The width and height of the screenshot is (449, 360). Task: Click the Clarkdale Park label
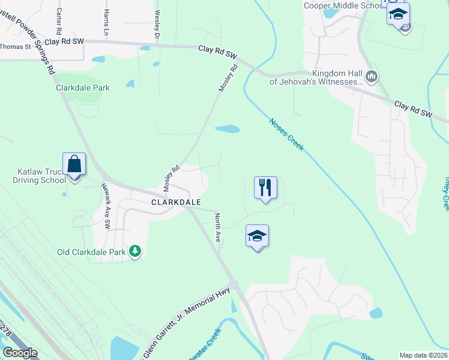pyautogui.click(x=83, y=88)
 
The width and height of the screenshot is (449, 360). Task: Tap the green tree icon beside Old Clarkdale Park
pyautogui.click(x=135, y=251)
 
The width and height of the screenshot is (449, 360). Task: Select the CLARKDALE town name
pyautogui.click(x=176, y=202)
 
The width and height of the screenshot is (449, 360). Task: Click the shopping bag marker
pyautogui.click(x=74, y=164)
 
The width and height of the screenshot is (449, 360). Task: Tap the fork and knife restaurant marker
pyautogui.click(x=265, y=188)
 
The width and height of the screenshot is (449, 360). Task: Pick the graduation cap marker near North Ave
pyautogui.click(x=257, y=236)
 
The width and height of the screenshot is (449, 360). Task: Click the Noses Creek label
pyautogui.click(x=286, y=134)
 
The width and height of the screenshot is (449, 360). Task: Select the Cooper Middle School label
pyautogui.click(x=343, y=5)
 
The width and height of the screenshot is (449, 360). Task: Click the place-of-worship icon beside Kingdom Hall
pyautogui.click(x=372, y=76)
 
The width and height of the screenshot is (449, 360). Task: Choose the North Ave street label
pyautogui.click(x=219, y=229)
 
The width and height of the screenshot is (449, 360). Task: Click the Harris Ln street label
pyautogui.click(x=106, y=22)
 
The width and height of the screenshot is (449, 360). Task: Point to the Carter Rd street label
pyautogui.click(x=59, y=20)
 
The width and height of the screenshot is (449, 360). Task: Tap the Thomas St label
pyautogui.click(x=15, y=47)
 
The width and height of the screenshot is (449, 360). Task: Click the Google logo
pyautogui.click(x=20, y=353)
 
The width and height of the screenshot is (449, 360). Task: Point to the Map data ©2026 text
pyautogui.click(x=424, y=355)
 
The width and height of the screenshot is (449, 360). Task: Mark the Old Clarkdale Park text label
pyautogui.click(x=91, y=252)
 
